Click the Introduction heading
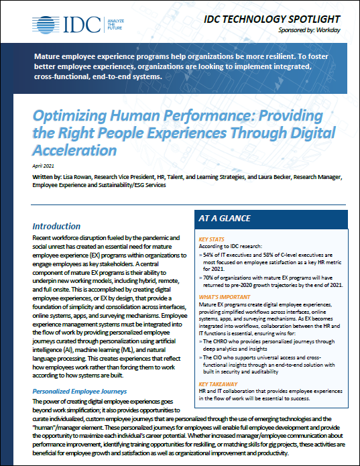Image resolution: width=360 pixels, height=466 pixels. [56, 227]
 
